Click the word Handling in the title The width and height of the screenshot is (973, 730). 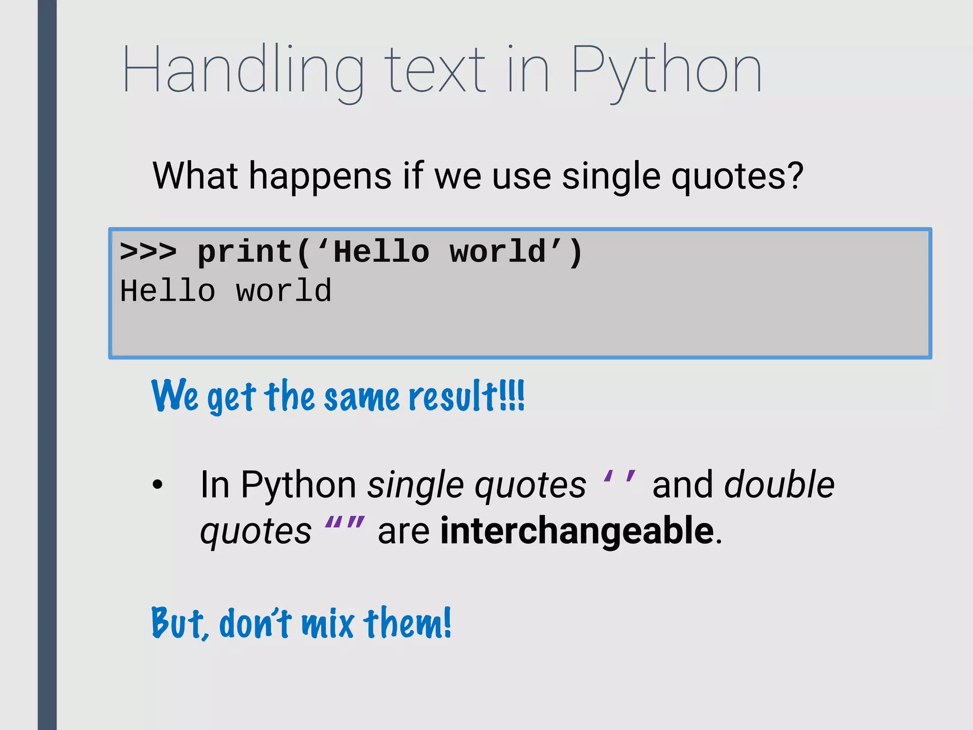pyautogui.click(x=242, y=71)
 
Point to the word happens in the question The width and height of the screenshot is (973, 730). pyautogui.click(x=320, y=177)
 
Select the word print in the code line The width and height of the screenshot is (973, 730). pyautogui.click(x=245, y=252)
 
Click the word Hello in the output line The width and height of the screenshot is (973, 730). pyautogui.click(x=167, y=291)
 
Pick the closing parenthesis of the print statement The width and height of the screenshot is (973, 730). pyautogui.click(x=575, y=252)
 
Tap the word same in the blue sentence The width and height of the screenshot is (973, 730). pyautogui.click(x=362, y=397)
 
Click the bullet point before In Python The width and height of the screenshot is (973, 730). pyautogui.click(x=157, y=485)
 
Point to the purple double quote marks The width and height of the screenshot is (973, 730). pyautogui.click(x=345, y=525)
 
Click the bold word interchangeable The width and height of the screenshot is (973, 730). pyautogui.click(x=577, y=530)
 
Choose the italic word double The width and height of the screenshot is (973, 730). pyautogui.click(x=779, y=484)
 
